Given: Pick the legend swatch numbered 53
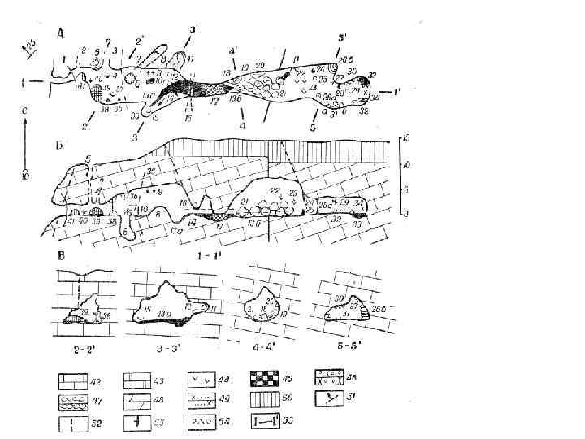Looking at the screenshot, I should coord(136,422).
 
